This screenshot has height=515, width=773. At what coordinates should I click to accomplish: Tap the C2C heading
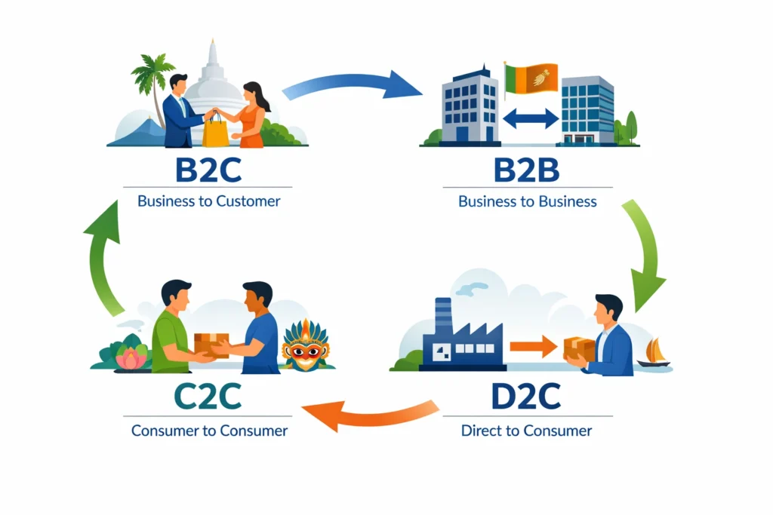208,398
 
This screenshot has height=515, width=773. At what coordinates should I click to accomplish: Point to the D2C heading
526,398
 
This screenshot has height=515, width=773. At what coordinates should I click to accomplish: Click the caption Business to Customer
208,201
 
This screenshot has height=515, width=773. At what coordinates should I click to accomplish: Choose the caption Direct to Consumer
526,431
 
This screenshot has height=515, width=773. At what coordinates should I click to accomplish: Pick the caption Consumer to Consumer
209,431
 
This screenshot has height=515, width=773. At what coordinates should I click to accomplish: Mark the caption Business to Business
527,201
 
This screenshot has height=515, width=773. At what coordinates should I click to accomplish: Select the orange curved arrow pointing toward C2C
370,415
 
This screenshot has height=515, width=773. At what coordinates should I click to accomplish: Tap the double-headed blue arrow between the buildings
530,118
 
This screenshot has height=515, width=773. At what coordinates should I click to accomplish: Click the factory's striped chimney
443,314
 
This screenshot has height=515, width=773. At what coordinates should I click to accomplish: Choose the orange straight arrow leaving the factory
531,347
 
